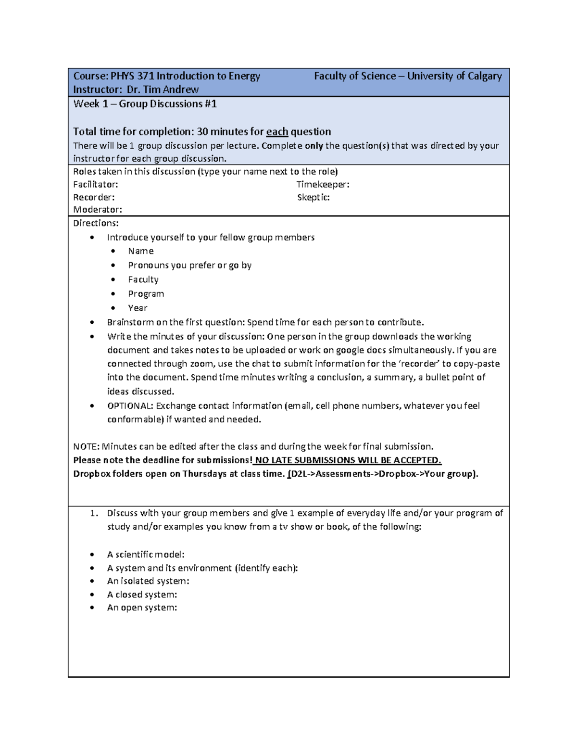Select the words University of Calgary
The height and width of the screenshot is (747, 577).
(454, 76)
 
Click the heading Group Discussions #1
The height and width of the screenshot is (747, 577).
(168, 104)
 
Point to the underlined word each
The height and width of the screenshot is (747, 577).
(277, 132)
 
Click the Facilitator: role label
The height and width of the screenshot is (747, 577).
(96, 184)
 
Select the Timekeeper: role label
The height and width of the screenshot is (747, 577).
(323, 184)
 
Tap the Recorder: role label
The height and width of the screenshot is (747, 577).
(94, 197)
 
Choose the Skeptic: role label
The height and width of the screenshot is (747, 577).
(314, 197)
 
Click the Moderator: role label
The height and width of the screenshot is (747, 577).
(98, 210)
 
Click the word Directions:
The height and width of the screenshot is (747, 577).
(96, 223)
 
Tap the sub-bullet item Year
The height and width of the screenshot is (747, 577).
(138, 308)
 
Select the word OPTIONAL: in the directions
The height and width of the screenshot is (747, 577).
(130, 406)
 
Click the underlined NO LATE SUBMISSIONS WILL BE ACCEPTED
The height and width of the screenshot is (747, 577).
(348, 460)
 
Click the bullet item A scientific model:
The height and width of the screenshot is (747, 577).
(146, 555)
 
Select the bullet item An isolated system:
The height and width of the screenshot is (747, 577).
(148, 581)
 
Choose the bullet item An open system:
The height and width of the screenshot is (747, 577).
(142, 608)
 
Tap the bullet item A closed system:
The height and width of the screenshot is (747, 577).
(142, 595)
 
